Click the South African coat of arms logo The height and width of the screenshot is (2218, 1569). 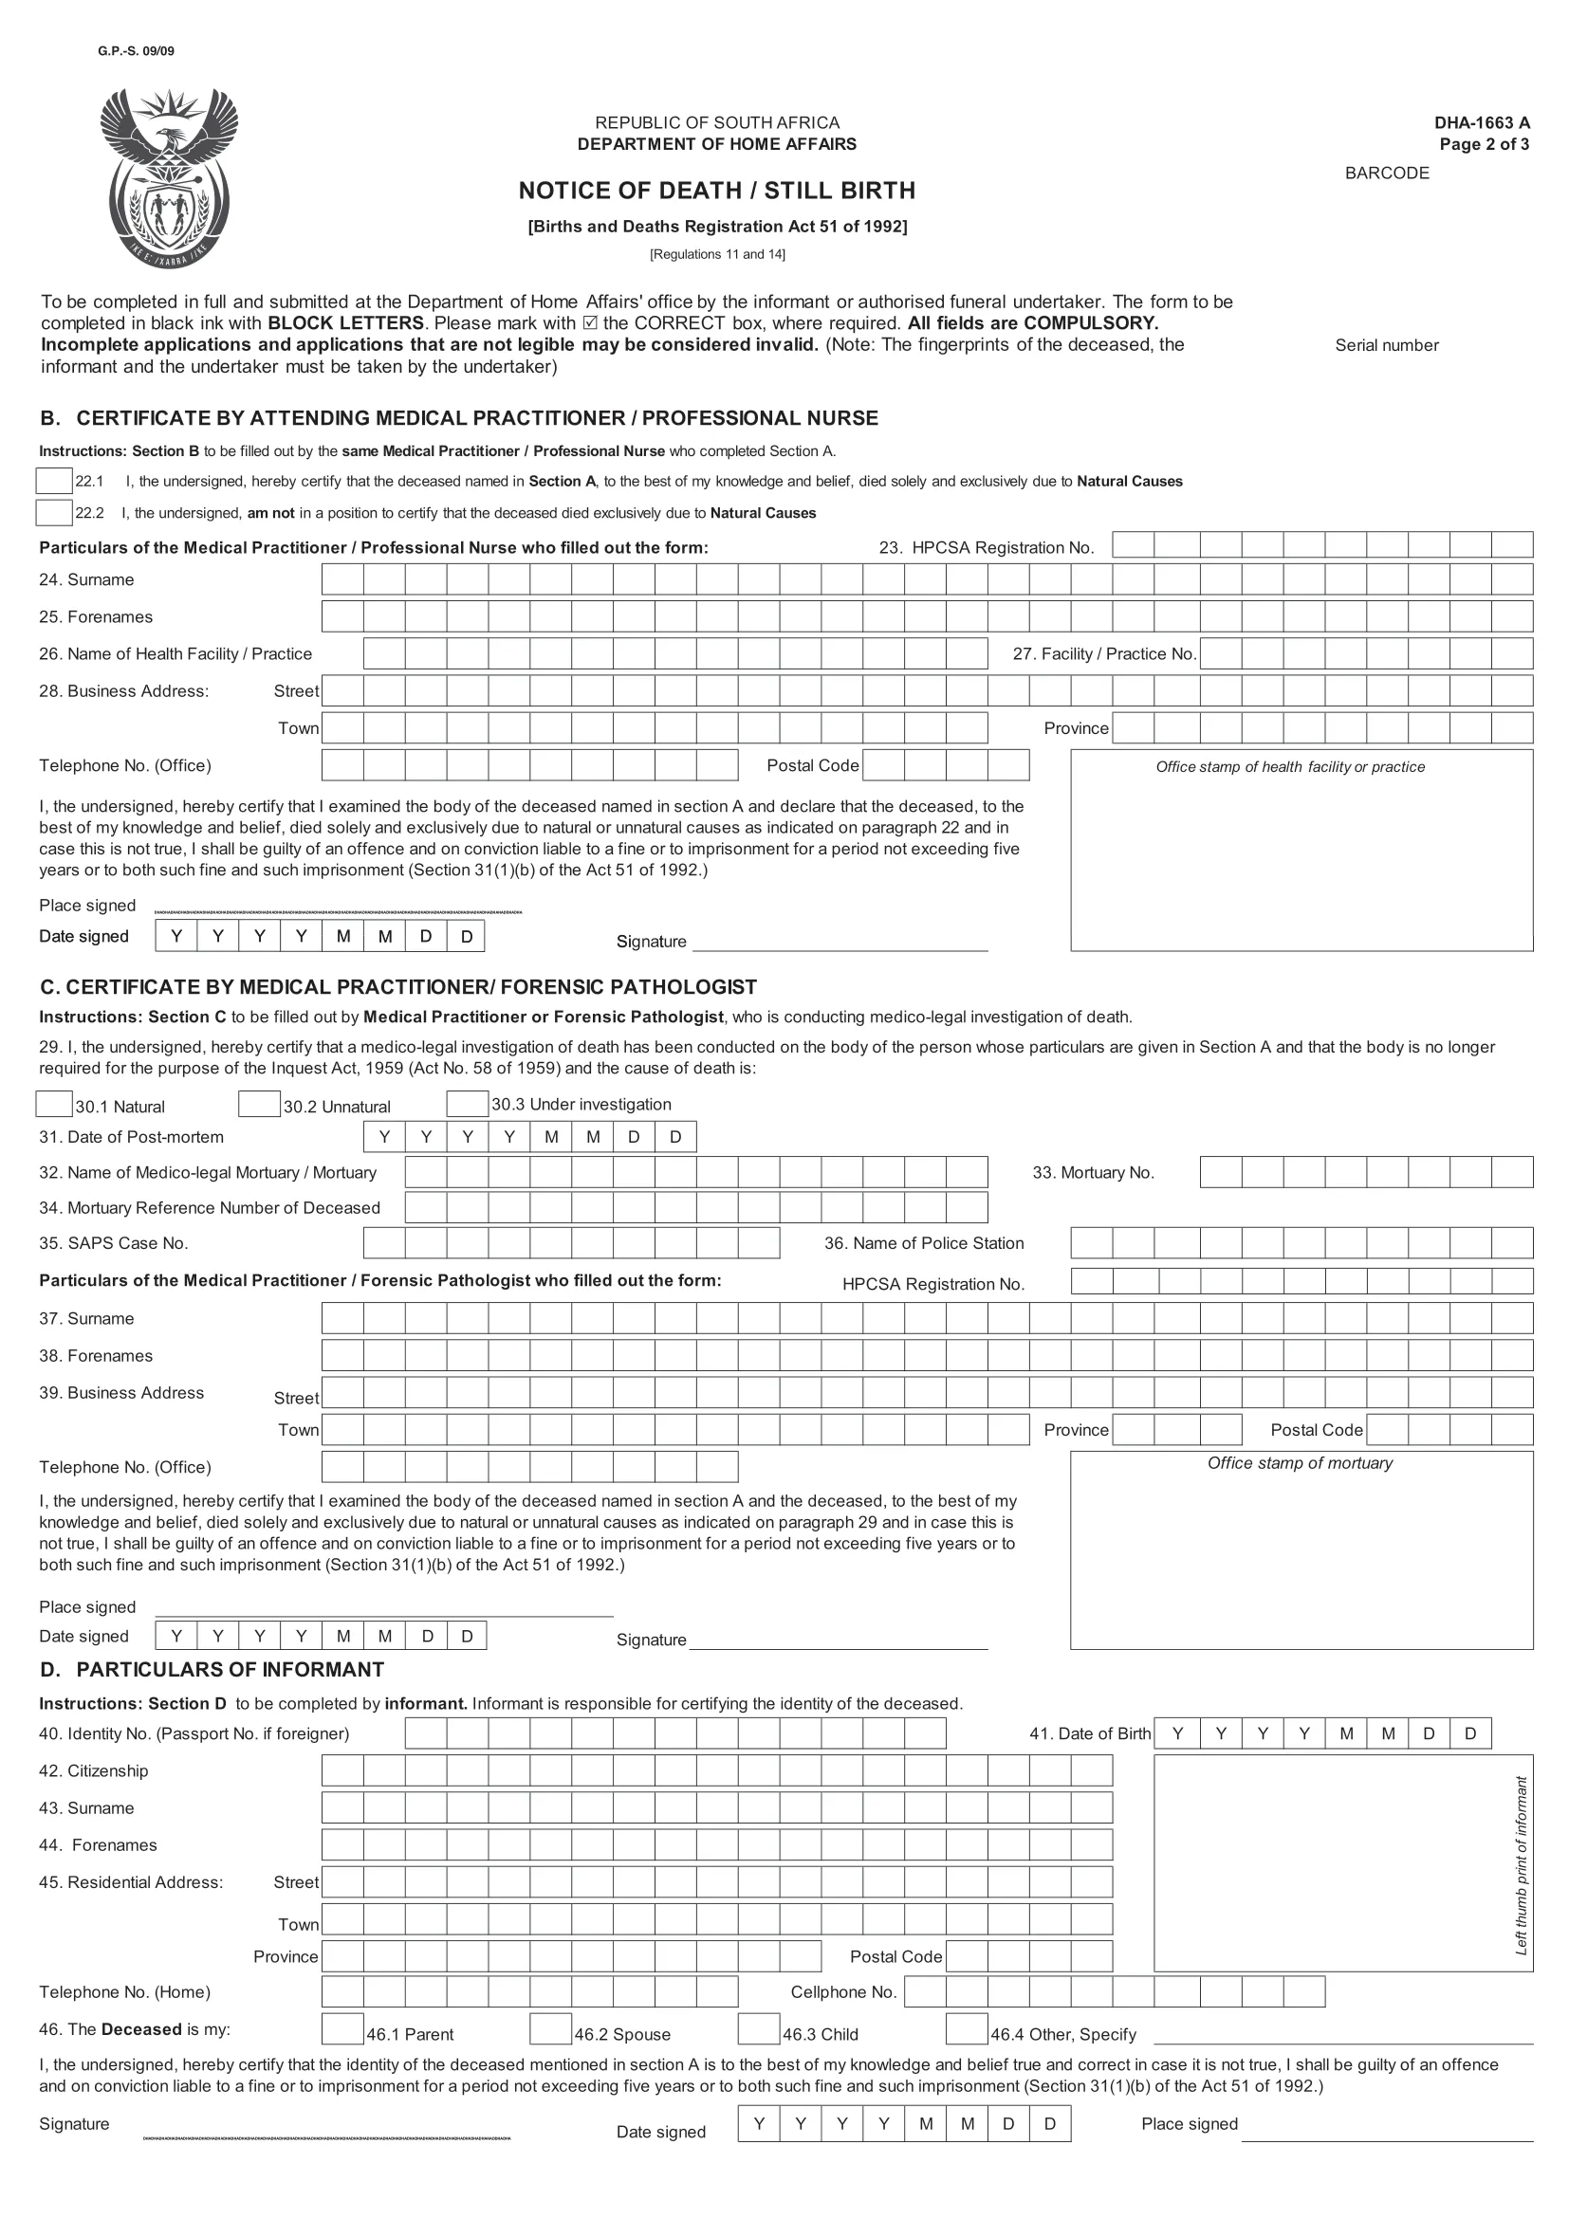pos(169,178)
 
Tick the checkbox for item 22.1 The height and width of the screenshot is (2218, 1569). pos(54,480)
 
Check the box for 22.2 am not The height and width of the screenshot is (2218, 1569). pos(54,512)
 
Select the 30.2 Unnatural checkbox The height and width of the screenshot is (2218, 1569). pos(259,1103)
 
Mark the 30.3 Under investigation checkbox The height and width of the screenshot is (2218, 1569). pos(467,1103)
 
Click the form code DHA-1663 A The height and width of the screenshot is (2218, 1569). pos(1481,122)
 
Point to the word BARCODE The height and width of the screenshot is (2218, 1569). pos(1387,173)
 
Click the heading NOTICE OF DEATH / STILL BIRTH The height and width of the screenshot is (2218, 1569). pos(716,191)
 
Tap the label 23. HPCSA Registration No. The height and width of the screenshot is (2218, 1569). pos(986,548)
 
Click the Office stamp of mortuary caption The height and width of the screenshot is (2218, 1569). pos(1300,1462)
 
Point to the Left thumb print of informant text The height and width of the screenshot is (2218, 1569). pos(1522,1865)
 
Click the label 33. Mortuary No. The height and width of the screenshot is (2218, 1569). pos(1093,1173)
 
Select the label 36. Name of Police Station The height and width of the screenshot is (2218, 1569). pos(923,1243)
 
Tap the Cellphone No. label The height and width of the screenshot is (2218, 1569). pos(843,1992)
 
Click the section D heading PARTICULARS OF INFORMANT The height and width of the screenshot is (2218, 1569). pos(229,1669)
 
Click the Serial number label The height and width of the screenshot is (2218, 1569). pos(1387,345)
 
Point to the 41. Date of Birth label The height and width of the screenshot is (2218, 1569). pos(1089,1733)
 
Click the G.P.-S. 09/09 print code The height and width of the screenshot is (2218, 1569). pos(136,51)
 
